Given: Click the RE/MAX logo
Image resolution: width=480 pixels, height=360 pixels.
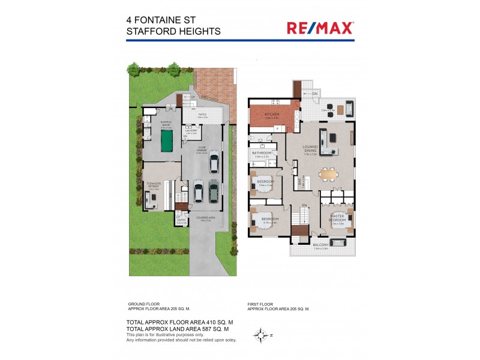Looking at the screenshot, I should point(320,27).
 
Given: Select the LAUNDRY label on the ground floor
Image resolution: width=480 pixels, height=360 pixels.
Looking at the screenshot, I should point(191,130).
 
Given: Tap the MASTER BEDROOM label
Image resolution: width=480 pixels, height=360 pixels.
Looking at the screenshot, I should point(337,219).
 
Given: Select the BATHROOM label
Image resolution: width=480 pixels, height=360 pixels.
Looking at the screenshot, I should point(262,153).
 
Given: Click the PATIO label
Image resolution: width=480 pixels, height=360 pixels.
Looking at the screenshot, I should point(203,115).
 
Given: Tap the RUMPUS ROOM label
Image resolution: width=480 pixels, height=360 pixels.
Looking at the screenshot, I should point(166,124).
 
